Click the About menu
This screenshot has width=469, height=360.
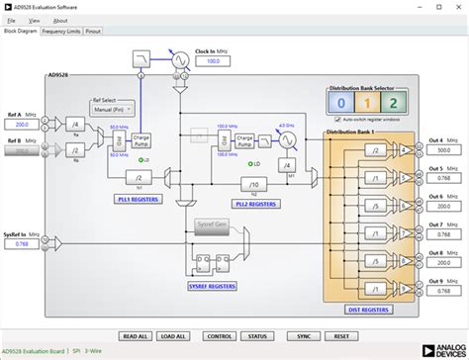click(60, 20)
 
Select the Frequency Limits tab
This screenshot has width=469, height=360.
click(60, 31)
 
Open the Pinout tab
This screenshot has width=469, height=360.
click(94, 31)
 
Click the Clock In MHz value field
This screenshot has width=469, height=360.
click(212, 61)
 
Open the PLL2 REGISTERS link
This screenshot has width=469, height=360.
click(254, 203)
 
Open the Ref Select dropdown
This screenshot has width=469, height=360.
click(115, 112)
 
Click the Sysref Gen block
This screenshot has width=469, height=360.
click(212, 225)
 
